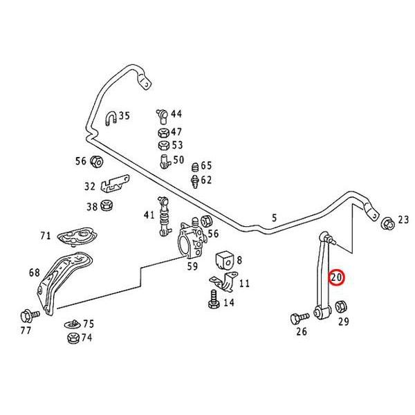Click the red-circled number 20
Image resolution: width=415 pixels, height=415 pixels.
click(x=337, y=278)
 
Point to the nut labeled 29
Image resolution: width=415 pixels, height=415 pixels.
click(x=341, y=306)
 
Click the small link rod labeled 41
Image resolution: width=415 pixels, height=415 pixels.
click(x=165, y=216)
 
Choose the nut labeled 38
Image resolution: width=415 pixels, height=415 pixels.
click(x=107, y=206)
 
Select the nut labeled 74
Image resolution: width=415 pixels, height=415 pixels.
click(x=72, y=338)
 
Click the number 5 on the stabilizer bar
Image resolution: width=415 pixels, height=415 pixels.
click(x=274, y=218)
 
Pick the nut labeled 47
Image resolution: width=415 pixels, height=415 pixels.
click(x=162, y=132)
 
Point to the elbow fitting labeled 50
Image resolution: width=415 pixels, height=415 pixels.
click(x=165, y=160)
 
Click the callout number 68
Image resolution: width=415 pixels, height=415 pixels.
click(x=35, y=273)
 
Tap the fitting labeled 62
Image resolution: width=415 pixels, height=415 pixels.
click(x=194, y=181)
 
